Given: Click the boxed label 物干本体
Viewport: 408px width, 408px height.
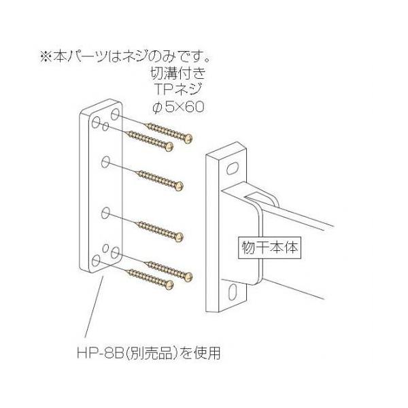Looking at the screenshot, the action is point(269,245).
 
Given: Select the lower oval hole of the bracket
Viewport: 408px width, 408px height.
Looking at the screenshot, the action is point(233,291).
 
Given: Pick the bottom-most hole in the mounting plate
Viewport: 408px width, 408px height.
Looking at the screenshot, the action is point(96,261).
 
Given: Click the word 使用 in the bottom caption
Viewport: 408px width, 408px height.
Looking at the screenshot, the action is point(211,353).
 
